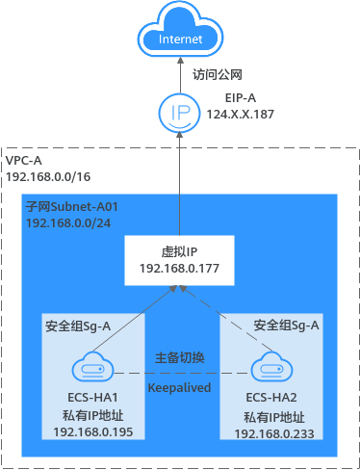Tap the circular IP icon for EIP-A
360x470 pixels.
point(180,113)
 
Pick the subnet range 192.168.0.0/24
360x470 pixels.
point(67,223)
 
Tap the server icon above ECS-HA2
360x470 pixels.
point(269,368)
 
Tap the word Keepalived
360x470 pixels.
point(180,387)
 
